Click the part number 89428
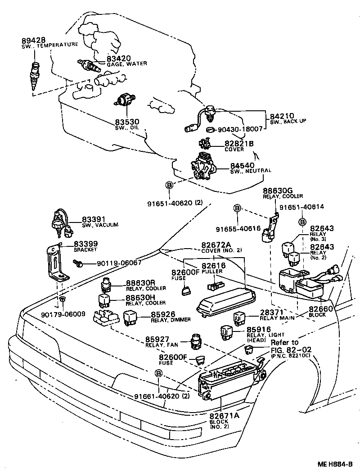point(33,40)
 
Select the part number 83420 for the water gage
point(118,58)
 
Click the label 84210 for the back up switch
point(282,116)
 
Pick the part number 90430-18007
point(240,129)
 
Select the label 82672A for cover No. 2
point(216,245)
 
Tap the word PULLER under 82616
point(213,272)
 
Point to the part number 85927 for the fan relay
point(158,340)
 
